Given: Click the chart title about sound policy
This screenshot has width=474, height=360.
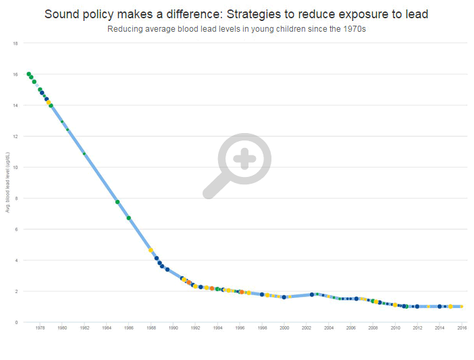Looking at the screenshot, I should click(x=236, y=14).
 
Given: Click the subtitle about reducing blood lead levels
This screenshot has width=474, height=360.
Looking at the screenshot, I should click(x=236, y=29).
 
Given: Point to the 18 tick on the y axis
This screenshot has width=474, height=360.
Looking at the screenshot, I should click(x=16, y=43).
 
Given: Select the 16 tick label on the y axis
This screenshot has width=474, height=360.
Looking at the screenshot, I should click(x=16, y=74).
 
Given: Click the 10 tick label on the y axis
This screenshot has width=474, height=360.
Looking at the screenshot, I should click(x=16, y=168).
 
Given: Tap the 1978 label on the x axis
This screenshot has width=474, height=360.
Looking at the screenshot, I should click(x=40, y=328).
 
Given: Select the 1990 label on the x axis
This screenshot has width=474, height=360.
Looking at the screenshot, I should click(x=174, y=328).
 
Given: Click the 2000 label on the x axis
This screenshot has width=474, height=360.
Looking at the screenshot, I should click(x=284, y=328).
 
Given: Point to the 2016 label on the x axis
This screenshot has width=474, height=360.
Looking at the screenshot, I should click(x=462, y=328).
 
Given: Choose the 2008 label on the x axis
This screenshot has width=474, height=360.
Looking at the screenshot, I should click(x=373, y=328).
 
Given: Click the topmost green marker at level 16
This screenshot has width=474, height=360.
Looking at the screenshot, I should click(x=28, y=74).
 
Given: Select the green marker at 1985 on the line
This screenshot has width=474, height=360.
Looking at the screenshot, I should click(x=117, y=202).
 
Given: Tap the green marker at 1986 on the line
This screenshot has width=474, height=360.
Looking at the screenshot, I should click(x=128, y=218).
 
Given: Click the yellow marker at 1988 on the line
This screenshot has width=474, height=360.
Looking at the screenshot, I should click(x=151, y=250).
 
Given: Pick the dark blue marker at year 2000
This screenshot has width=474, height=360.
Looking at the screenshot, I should click(x=284, y=297).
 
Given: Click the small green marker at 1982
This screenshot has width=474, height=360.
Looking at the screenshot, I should click(x=84, y=154).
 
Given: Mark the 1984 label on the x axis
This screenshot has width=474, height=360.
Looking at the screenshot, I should click(x=107, y=328).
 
